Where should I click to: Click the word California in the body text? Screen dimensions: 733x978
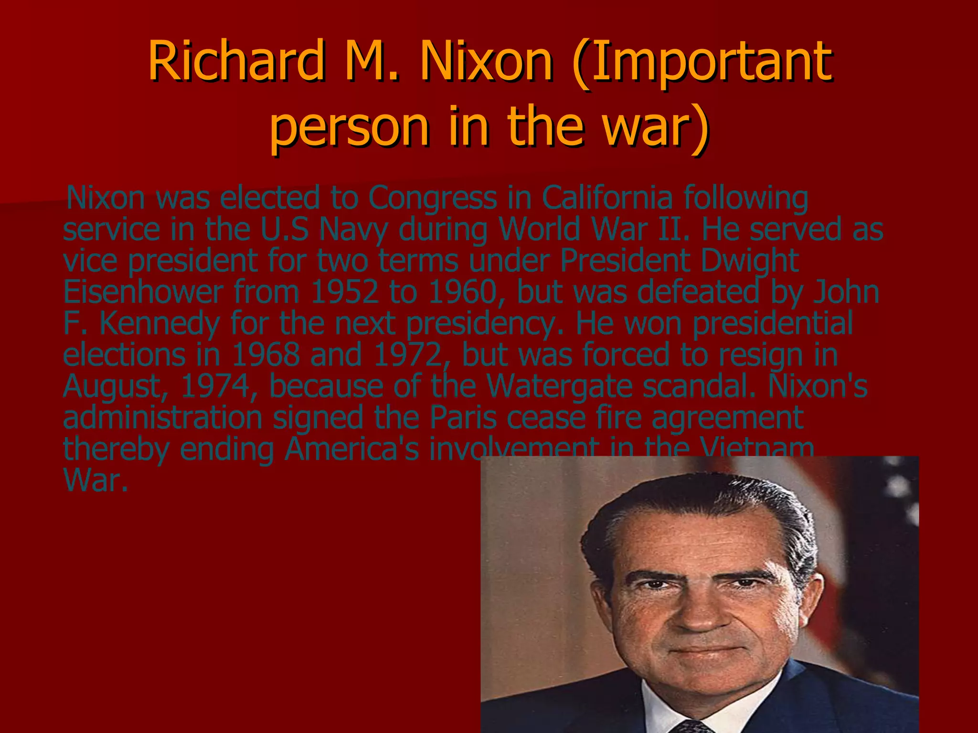(x=607, y=198)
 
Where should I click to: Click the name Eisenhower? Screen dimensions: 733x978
(x=143, y=292)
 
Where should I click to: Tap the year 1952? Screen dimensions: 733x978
(x=344, y=292)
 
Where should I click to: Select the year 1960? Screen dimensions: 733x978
(x=463, y=292)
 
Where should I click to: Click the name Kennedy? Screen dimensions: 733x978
(x=159, y=324)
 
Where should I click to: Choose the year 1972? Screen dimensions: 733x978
(x=408, y=355)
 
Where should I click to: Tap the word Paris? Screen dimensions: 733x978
(x=463, y=418)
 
